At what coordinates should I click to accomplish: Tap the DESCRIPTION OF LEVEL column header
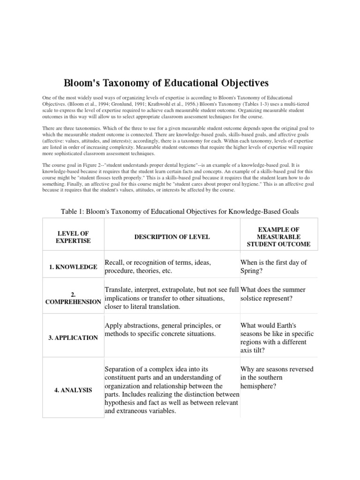[172, 237]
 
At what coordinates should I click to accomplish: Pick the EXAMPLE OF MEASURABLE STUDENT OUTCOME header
[271, 237]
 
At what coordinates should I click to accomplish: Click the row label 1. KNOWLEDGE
[73, 267]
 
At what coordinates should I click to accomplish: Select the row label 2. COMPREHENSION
[73, 298]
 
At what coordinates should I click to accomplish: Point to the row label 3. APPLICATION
[73, 337]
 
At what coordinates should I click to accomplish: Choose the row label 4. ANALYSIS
[73, 390]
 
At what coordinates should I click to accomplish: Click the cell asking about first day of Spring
[273, 267]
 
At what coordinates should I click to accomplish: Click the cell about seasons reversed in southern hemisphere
[277, 377]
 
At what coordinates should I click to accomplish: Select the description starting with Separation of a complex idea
[172, 390]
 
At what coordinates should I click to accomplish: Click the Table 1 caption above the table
[180, 212]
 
